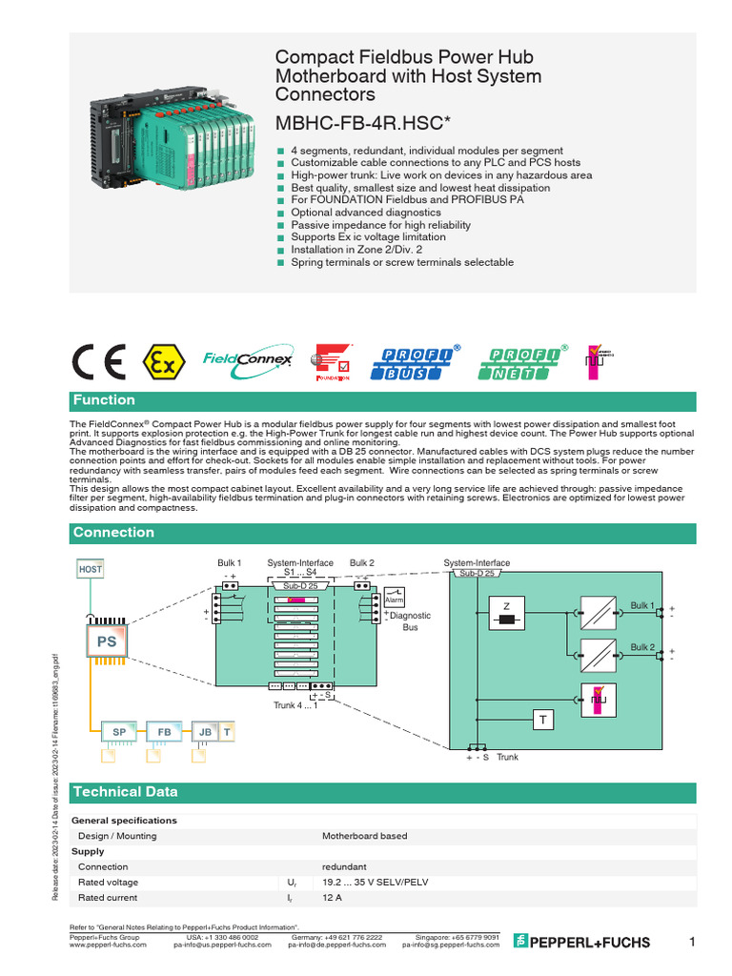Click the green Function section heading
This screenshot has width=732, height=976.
tap(105, 400)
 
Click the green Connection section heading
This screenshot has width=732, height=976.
tap(114, 533)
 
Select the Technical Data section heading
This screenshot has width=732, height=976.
tap(125, 792)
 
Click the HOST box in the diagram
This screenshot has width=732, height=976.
tap(91, 569)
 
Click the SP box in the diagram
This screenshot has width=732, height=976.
tap(120, 731)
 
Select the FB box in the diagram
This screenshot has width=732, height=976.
tap(164, 731)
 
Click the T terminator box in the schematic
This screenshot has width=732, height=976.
tap(542, 721)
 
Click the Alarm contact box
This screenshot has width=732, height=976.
tap(395, 600)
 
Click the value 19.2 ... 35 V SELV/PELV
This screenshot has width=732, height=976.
tap(375, 883)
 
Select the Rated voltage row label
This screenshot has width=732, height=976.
tap(108, 883)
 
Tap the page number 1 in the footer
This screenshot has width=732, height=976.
tap(692, 943)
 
